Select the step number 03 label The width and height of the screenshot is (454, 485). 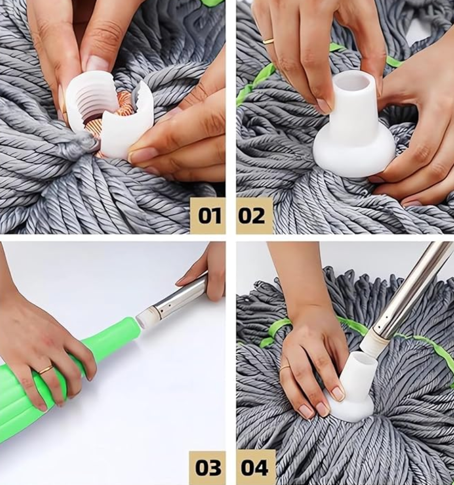coord(208,467)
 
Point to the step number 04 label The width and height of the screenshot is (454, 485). coord(254,467)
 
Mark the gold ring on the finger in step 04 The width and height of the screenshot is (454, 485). coord(286,367)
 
